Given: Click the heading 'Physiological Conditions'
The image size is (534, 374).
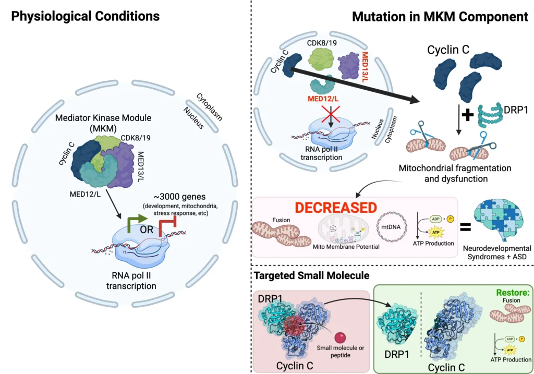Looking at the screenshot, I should tap(86, 16).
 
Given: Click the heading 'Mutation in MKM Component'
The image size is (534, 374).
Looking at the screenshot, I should tap(440, 16).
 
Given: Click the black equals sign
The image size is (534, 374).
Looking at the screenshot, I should tap(452, 227).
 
